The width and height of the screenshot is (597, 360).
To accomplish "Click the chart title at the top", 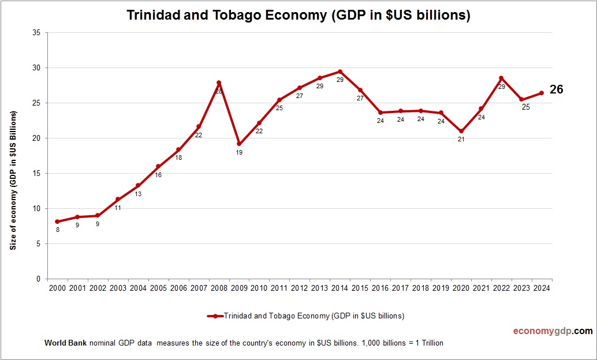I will pyautogui.click(x=298, y=16).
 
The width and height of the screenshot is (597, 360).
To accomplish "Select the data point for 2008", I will pyautogui.click(x=219, y=82).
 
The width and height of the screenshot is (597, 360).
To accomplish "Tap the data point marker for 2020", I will pyautogui.click(x=461, y=132).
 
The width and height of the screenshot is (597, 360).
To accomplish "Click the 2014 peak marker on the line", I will pyautogui.click(x=339, y=72).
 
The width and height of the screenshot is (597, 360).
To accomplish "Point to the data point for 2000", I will pyautogui.click(x=57, y=222).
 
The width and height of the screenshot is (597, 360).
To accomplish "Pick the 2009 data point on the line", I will pyautogui.click(x=239, y=144).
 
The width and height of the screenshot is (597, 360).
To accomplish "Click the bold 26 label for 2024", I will pyautogui.click(x=556, y=89).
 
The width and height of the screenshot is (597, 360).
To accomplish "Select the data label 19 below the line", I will pyautogui.click(x=239, y=153).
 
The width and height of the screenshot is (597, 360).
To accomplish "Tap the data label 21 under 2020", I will pyautogui.click(x=461, y=140).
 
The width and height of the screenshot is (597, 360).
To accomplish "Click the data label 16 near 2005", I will pyautogui.click(x=158, y=175).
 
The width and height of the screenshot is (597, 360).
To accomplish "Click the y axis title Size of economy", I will pyautogui.click(x=13, y=179).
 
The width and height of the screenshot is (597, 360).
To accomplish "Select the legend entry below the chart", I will pyautogui.click(x=305, y=316).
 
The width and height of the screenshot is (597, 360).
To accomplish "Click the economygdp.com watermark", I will pyautogui.click(x=553, y=331).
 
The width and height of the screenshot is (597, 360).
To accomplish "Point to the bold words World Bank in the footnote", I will pyautogui.click(x=65, y=343).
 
